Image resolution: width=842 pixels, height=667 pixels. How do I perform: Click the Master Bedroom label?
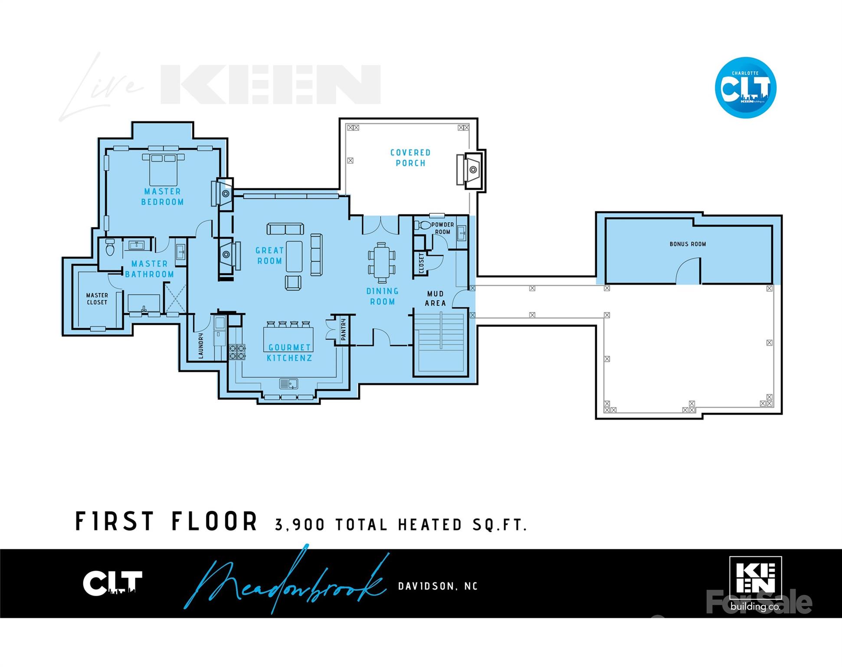(162, 197)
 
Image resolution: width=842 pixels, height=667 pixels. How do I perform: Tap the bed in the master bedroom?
(163, 169)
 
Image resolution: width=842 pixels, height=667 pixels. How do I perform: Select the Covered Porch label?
(410, 158)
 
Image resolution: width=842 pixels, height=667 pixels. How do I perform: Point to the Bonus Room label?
(688, 244)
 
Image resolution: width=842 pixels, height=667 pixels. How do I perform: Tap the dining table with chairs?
(382, 262)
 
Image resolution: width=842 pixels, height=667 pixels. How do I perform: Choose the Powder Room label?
(442, 228)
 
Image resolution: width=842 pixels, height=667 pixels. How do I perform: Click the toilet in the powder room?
(423, 225)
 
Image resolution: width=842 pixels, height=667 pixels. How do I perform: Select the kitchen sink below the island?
(288, 384)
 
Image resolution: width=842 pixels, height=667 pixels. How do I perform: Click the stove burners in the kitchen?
(237, 352)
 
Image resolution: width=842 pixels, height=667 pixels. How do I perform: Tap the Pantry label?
(343, 329)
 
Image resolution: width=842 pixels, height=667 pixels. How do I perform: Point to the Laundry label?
(201, 346)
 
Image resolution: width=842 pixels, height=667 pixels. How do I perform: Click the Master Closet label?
(97, 299)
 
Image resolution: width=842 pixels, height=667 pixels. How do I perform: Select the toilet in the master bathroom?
(110, 248)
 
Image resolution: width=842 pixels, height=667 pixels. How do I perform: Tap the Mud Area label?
(435, 299)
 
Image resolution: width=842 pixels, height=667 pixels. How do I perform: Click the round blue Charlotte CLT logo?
(745, 88)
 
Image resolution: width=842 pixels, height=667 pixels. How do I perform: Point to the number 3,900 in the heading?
(300, 525)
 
